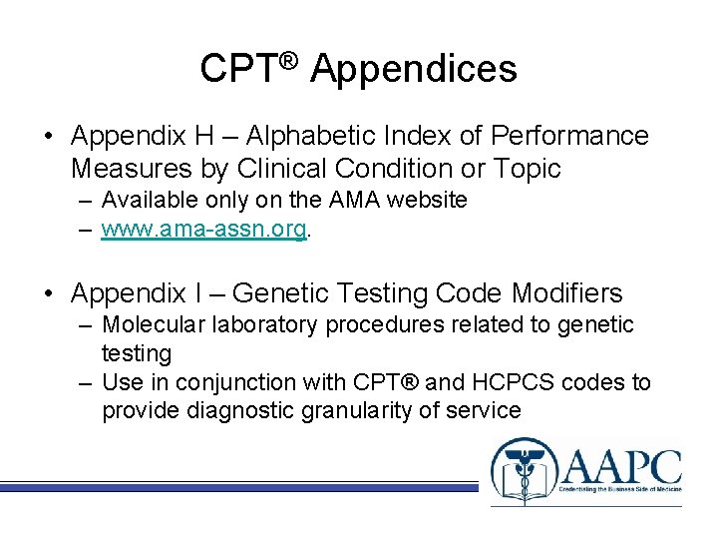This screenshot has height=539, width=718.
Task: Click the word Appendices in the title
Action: [414, 69]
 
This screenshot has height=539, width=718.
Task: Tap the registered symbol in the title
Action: [287, 59]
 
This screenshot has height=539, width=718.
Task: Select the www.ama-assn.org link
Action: [204, 229]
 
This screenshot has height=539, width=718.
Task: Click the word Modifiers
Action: [566, 293]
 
